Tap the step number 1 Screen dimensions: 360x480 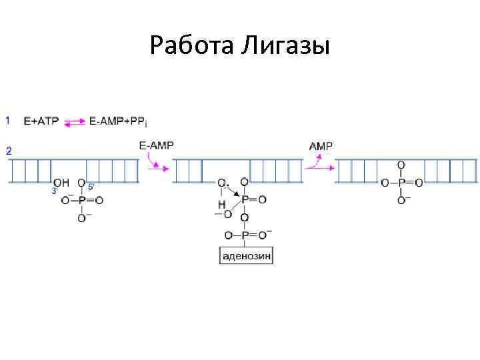pyautogui.click(x=8, y=121)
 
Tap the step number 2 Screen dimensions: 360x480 pyautogui.click(x=9, y=151)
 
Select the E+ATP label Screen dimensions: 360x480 pyautogui.click(x=41, y=121)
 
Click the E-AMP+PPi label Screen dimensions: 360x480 pyautogui.click(x=117, y=121)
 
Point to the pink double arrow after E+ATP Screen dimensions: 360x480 pyautogui.click(x=75, y=121)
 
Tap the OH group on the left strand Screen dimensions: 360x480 pyautogui.click(x=61, y=183)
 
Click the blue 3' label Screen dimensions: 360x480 pyautogui.click(x=55, y=191)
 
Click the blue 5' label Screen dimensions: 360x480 pyautogui.click(x=91, y=187)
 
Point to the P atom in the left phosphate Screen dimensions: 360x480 pyautogui.click(x=81, y=200)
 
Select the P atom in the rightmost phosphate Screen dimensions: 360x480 pyautogui.click(x=401, y=183)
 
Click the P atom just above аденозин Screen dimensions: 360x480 pyautogui.click(x=245, y=235)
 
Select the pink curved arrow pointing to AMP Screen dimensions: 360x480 pyautogui.click(x=315, y=162)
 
